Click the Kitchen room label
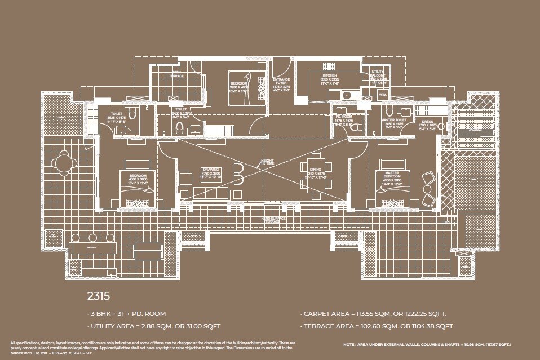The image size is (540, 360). (329, 75)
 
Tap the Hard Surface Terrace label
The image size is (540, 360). (273, 220)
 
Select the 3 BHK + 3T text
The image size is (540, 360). (108, 314)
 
